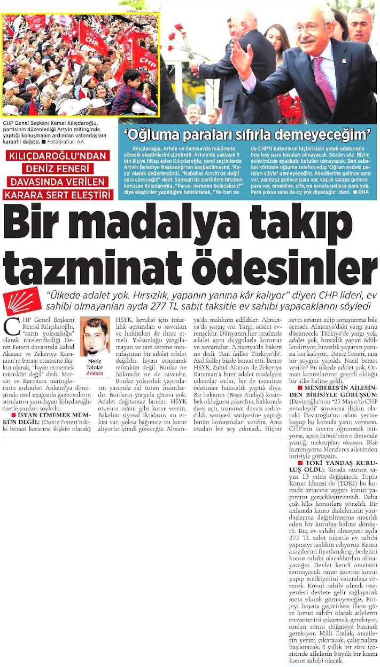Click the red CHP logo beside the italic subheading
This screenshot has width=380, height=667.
(x=24, y=301)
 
